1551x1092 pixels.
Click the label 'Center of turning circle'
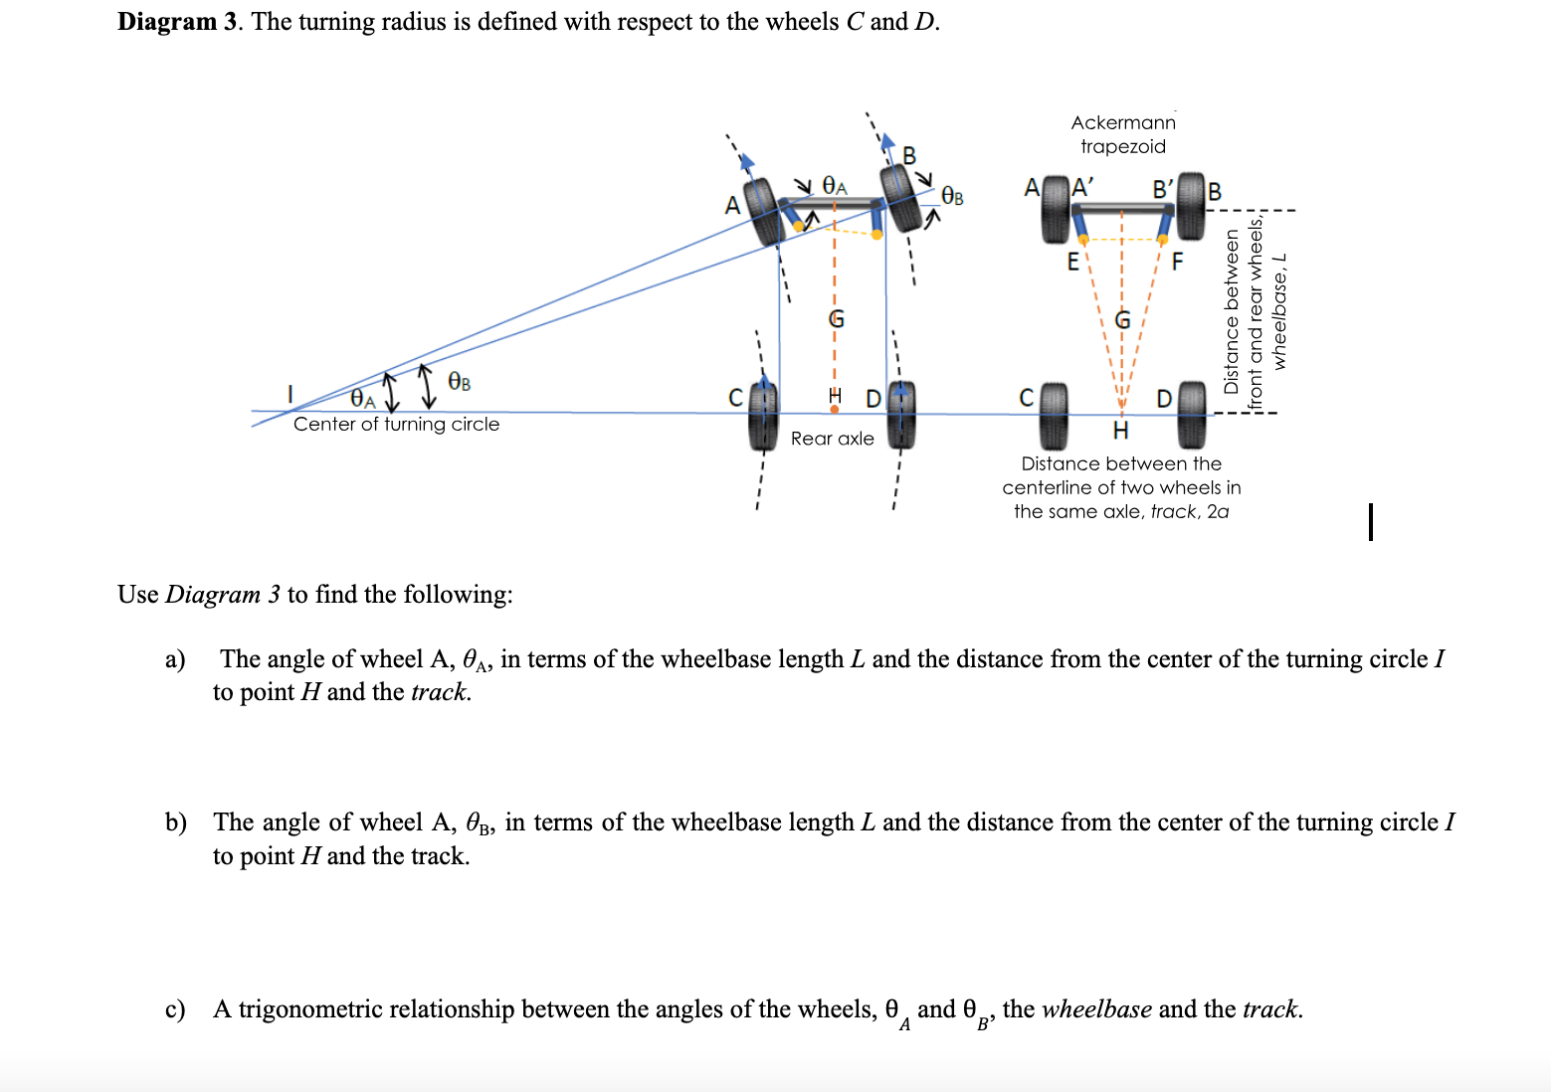(x=396, y=425)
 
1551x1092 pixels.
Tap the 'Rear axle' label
(x=832, y=439)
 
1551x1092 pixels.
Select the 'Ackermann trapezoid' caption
(x=1122, y=134)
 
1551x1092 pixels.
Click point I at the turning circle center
(x=291, y=395)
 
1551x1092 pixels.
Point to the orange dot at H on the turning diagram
(x=834, y=409)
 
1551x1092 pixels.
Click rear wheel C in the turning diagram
(x=763, y=416)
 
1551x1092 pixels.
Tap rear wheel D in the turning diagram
(x=900, y=416)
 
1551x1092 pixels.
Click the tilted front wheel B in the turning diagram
(x=900, y=197)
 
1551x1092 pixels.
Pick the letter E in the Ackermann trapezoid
(x=1072, y=263)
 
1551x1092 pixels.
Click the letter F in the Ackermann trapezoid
(x=1177, y=263)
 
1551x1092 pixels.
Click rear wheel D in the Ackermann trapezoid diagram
(x=1191, y=416)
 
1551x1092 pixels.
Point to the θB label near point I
(x=459, y=382)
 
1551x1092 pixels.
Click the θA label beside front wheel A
(x=834, y=187)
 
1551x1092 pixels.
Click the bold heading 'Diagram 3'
(x=177, y=22)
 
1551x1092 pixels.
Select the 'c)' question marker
(x=175, y=1009)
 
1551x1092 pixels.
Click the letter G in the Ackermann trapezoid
(x=1122, y=320)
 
